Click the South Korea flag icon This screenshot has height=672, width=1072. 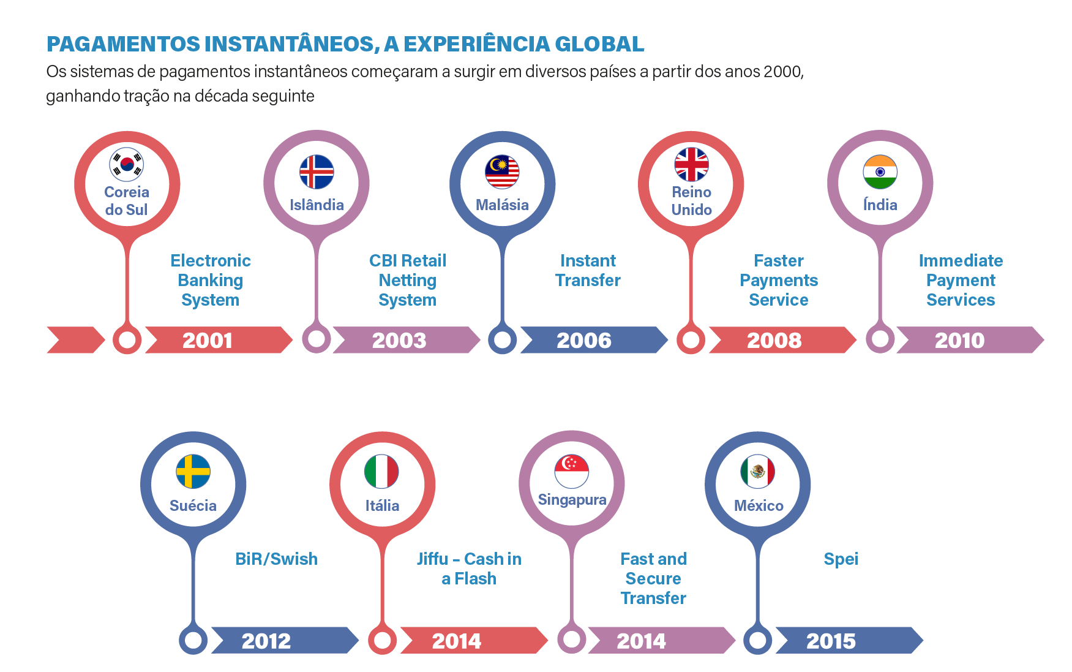(x=127, y=164)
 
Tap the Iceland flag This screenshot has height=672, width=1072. (x=317, y=172)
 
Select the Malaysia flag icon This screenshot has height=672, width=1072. (x=502, y=172)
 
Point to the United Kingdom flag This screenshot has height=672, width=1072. (x=691, y=164)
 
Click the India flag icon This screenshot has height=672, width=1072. (x=880, y=172)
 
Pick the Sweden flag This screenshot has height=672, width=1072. (x=193, y=472)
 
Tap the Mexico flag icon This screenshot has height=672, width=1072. (x=758, y=472)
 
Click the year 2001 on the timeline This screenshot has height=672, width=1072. (x=208, y=341)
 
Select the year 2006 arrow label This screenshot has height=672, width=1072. (x=583, y=341)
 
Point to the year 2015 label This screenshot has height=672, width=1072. (x=831, y=641)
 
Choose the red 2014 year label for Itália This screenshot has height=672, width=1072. (x=457, y=641)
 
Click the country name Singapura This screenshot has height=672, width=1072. (x=572, y=500)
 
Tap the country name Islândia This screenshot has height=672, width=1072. (x=317, y=205)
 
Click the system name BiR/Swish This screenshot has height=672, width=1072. (x=276, y=559)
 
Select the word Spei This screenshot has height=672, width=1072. (x=841, y=559)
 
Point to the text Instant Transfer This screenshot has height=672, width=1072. (x=588, y=270)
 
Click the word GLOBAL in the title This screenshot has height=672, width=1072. (x=599, y=44)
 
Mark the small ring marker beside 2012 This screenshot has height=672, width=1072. (x=193, y=640)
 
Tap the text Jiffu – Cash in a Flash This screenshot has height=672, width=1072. (x=469, y=568)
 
